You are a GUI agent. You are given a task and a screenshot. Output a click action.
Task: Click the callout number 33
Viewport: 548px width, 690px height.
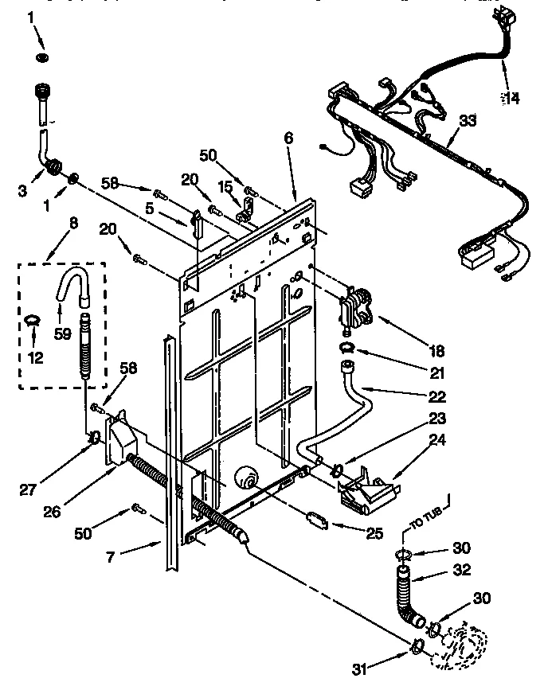(x=468, y=121)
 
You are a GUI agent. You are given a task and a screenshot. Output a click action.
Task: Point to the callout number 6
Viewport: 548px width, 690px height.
(x=288, y=138)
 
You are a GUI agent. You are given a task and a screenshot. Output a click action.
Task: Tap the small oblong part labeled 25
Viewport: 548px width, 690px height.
(x=317, y=520)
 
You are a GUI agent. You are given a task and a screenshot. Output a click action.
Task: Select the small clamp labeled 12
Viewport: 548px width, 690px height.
(x=32, y=321)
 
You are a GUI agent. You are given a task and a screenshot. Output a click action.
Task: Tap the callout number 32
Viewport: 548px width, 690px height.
(x=460, y=570)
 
